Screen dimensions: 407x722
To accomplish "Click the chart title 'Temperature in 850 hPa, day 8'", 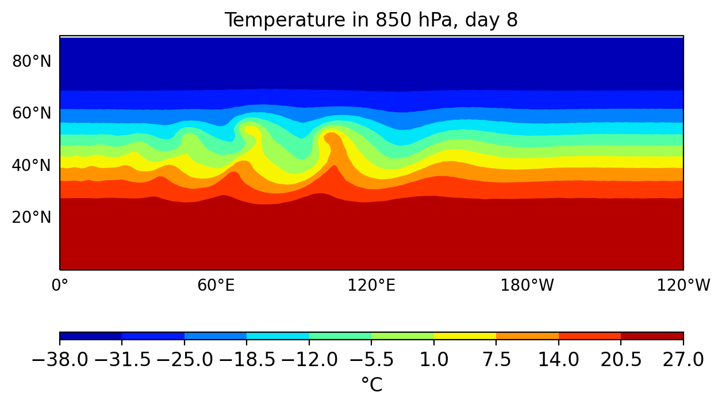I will (x=371, y=20).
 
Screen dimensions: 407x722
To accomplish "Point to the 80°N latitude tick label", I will (x=32, y=61).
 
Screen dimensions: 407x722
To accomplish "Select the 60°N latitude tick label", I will (x=32, y=113).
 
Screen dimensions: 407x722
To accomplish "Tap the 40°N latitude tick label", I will (x=32, y=165).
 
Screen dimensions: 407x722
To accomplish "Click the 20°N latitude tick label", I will (x=32, y=217).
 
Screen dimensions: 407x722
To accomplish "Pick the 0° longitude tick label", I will (x=60, y=285).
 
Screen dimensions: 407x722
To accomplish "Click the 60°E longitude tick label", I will (x=216, y=285).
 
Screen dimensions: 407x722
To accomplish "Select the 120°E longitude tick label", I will (x=371, y=285).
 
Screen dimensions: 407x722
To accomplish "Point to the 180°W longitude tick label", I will (x=527, y=285).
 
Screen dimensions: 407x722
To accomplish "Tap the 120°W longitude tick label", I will (x=683, y=285).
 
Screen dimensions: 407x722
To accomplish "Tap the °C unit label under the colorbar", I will (x=371, y=385).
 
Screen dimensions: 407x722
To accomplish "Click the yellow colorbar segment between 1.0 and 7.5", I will (x=465, y=336).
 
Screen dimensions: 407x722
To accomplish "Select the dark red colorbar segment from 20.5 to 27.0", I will (x=652, y=336).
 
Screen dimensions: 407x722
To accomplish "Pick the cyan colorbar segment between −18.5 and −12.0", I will (x=278, y=336).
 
